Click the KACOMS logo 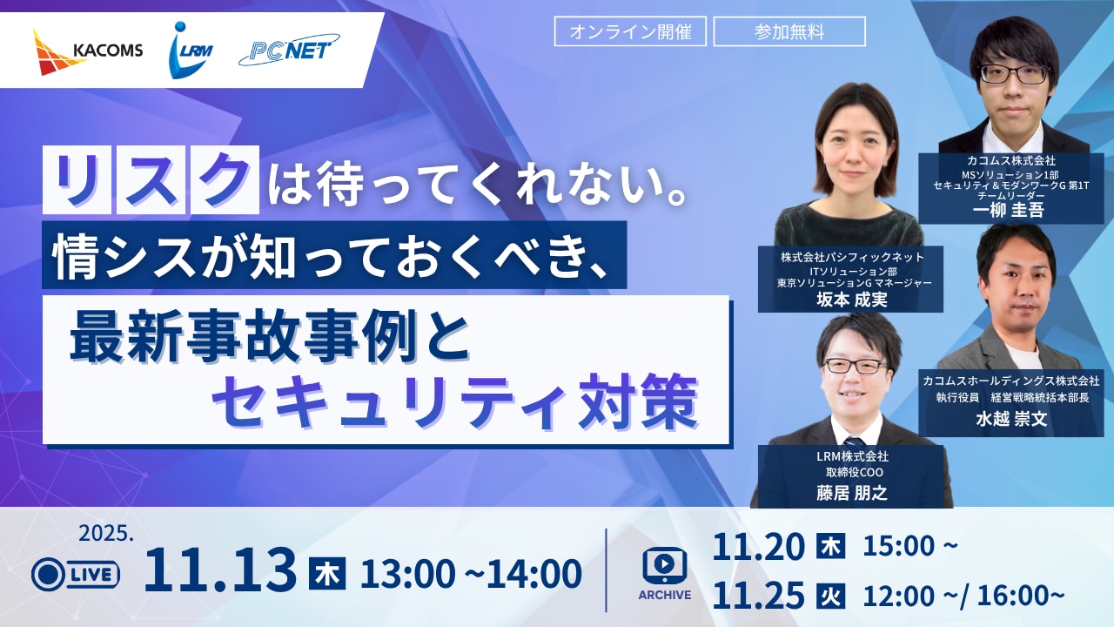tap(88, 51)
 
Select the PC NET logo tap(289, 51)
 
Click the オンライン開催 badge tap(631, 32)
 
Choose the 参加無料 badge tap(789, 32)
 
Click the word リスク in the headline tap(151, 181)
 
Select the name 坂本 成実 tap(850, 300)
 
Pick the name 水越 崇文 tap(1010, 420)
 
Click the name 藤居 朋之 tap(851, 493)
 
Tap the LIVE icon tap(76, 574)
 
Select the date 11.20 tap(759, 546)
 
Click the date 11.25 tap(759, 596)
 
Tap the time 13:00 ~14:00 tap(471, 574)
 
